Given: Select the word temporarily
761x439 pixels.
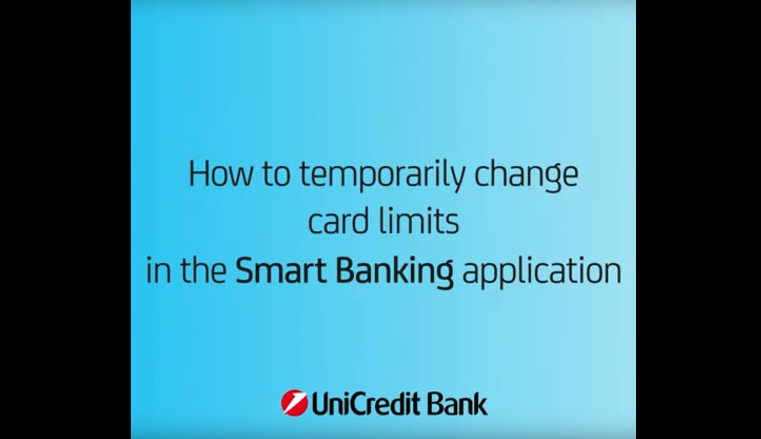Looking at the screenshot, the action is tap(382, 177).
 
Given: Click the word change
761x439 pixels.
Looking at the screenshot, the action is tap(526, 177).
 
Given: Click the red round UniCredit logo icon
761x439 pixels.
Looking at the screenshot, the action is tap(294, 402).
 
